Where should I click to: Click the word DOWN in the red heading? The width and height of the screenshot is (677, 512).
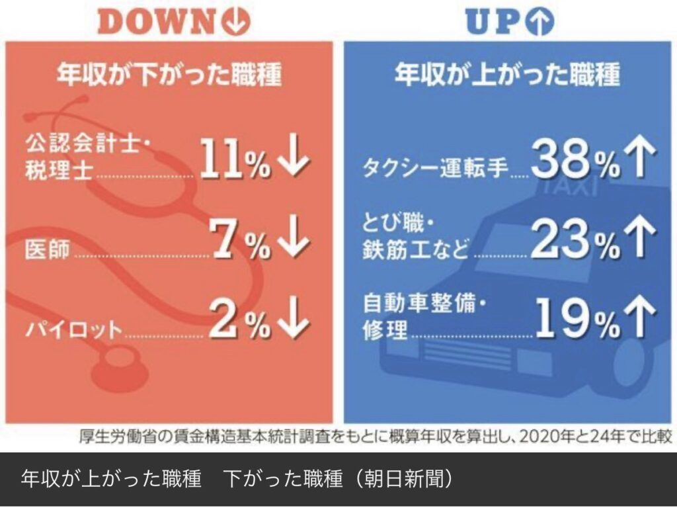coord(157,22)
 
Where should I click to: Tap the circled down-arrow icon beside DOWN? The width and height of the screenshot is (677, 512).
coord(237,22)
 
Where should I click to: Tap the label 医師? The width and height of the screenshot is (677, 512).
coord(47,250)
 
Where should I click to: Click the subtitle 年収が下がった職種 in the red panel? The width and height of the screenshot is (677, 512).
coord(169,75)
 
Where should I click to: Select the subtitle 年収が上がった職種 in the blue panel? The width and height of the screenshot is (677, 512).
coord(507,75)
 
